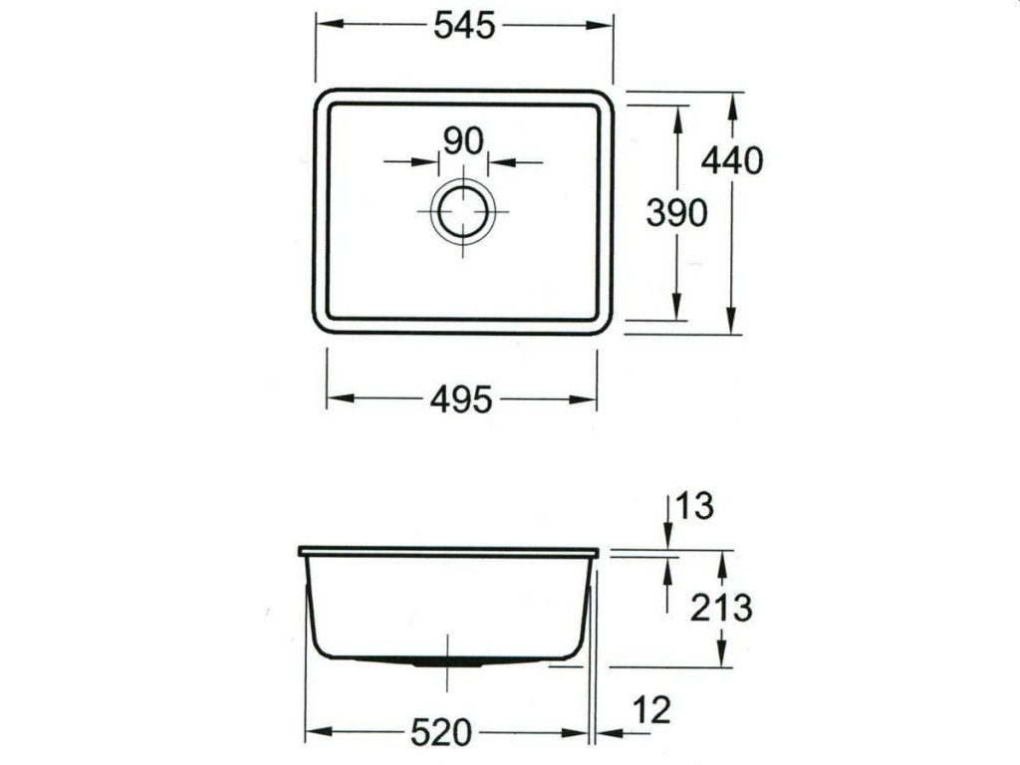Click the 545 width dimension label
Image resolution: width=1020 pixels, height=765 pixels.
click(x=464, y=26)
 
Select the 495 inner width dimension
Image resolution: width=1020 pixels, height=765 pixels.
click(x=461, y=399)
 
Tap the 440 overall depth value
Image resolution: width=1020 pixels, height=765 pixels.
click(x=732, y=159)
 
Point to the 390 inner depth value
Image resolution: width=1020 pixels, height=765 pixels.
click(x=676, y=212)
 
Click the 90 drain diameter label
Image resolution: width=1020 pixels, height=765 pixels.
click(x=463, y=141)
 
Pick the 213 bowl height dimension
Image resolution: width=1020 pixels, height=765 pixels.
click(x=721, y=607)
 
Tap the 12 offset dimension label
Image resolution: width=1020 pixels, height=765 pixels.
click(x=651, y=710)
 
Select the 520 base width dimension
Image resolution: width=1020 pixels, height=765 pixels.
click(x=440, y=733)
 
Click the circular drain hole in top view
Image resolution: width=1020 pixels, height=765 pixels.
click(x=463, y=211)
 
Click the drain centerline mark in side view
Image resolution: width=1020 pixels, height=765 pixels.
click(x=447, y=661)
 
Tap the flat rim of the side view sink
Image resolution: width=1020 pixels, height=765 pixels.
click(x=448, y=551)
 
